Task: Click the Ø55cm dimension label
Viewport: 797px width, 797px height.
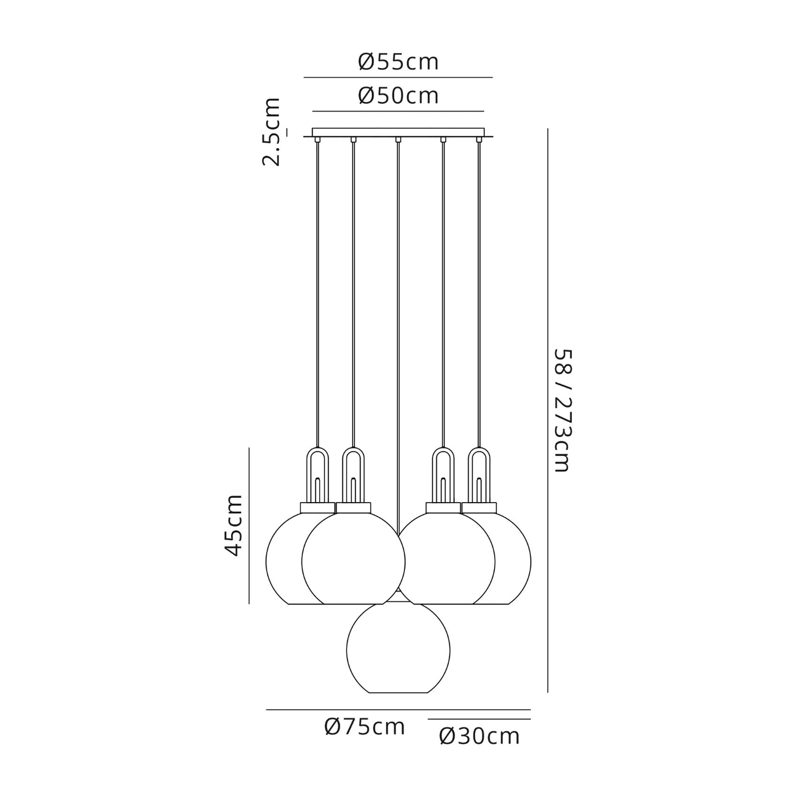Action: pos(398,62)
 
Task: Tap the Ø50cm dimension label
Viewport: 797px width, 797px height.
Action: pos(398,96)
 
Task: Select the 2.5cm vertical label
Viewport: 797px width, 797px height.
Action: pos(271,132)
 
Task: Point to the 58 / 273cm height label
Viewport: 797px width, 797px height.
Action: pos(563,410)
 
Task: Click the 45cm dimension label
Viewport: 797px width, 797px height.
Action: pos(234,525)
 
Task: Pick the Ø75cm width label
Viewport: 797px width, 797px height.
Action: pos(364,727)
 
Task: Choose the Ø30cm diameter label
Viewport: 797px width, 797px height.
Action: pos(480,737)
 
